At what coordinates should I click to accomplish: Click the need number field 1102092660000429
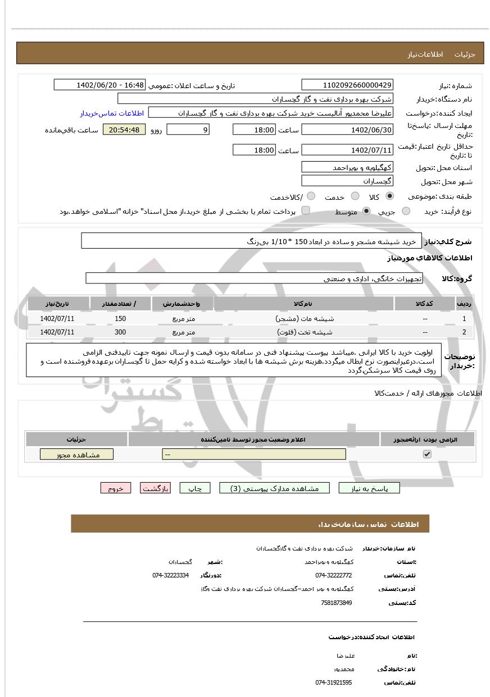click(x=347, y=85)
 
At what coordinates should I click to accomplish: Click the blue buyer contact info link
click(x=112, y=113)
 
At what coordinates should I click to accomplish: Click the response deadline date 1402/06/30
click(x=347, y=130)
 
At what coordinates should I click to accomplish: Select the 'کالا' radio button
click(x=390, y=196)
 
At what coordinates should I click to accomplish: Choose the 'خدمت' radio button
click(x=355, y=196)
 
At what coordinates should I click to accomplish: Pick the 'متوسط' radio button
click(x=367, y=211)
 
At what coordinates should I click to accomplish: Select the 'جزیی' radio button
click(x=406, y=211)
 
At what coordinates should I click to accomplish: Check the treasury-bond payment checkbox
click(x=306, y=210)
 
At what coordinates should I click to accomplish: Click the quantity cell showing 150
click(x=120, y=318)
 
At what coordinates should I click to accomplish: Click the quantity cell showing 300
click(x=120, y=332)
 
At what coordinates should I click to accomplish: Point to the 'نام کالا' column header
click(x=303, y=304)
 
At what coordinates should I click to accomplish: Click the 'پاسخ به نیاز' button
click(x=369, y=488)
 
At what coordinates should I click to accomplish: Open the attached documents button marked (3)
click(x=274, y=488)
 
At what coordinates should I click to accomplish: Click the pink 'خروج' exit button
click(x=115, y=488)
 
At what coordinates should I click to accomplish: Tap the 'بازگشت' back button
click(x=155, y=488)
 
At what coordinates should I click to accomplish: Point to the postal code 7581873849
click(x=337, y=603)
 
